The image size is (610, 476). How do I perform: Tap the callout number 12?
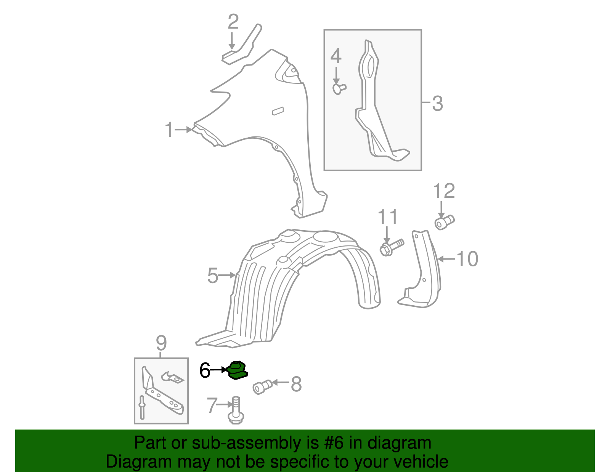444,191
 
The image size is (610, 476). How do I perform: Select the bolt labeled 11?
392,247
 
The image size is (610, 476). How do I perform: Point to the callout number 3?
437,104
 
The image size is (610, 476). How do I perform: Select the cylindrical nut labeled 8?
262,387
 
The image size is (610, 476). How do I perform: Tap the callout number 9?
161,343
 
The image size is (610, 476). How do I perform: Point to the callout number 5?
212,276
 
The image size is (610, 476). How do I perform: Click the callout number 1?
169,130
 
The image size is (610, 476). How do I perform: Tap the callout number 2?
233,22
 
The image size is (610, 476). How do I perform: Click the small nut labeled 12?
444,222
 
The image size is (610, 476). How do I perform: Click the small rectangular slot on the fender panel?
278,111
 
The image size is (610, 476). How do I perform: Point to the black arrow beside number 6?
219,370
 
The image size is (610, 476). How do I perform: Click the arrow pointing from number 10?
446,259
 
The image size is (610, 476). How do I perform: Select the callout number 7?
212,405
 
